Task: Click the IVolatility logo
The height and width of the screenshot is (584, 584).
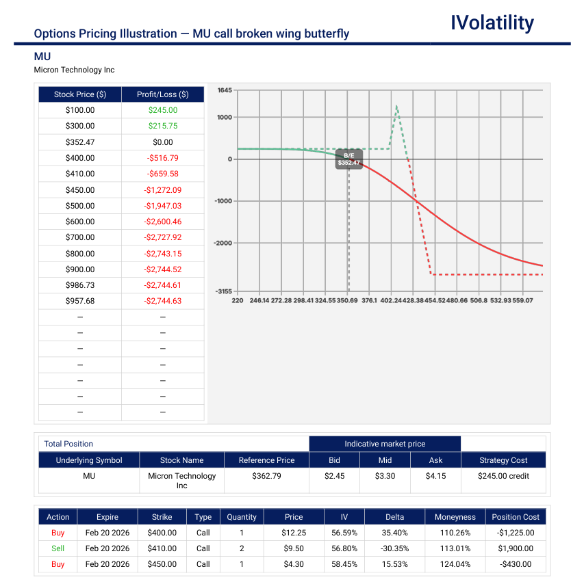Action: pyautogui.click(x=492, y=23)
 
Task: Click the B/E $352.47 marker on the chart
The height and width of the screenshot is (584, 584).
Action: pyautogui.click(x=348, y=159)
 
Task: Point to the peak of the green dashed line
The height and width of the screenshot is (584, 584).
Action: pyautogui.click(x=396, y=106)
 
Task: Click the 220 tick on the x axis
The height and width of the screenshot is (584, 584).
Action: pyautogui.click(x=237, y=300)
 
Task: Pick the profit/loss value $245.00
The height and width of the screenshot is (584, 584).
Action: pyautogui.click(x=162, y=110)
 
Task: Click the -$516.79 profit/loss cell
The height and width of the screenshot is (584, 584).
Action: pyautogui.click(x=162, y=158)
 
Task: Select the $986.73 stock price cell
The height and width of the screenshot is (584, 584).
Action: pyautogui.click(x=80, y=285)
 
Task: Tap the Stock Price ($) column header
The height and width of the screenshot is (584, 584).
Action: pyautogui.click(x=80, y=94)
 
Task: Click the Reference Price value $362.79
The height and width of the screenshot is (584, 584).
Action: pyautogui.click(x=266, y=476)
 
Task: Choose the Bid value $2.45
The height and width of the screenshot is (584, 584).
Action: pyautogui.click(x=334, y=476)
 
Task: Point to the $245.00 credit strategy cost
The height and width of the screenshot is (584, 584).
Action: pyautogui.click(x=503, y=476)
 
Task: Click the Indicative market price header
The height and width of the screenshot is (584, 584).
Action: pyautogui.click(x=385, y=444)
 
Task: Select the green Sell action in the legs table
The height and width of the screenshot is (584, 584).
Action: pyautogui.click(x=58, y=548)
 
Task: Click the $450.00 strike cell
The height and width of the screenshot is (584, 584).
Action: pyautogui.click(x=162, y=564)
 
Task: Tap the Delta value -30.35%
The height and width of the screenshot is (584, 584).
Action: pyautogui.click(x=394, y=548)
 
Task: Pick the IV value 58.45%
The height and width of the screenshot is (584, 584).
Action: pyautogui.click(x=335, y=564)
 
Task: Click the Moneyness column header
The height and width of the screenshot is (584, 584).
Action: pyautogui.click(x=455, y=517)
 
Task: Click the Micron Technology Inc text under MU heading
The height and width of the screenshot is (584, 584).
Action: pyautogui.click(x=74, y=70)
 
